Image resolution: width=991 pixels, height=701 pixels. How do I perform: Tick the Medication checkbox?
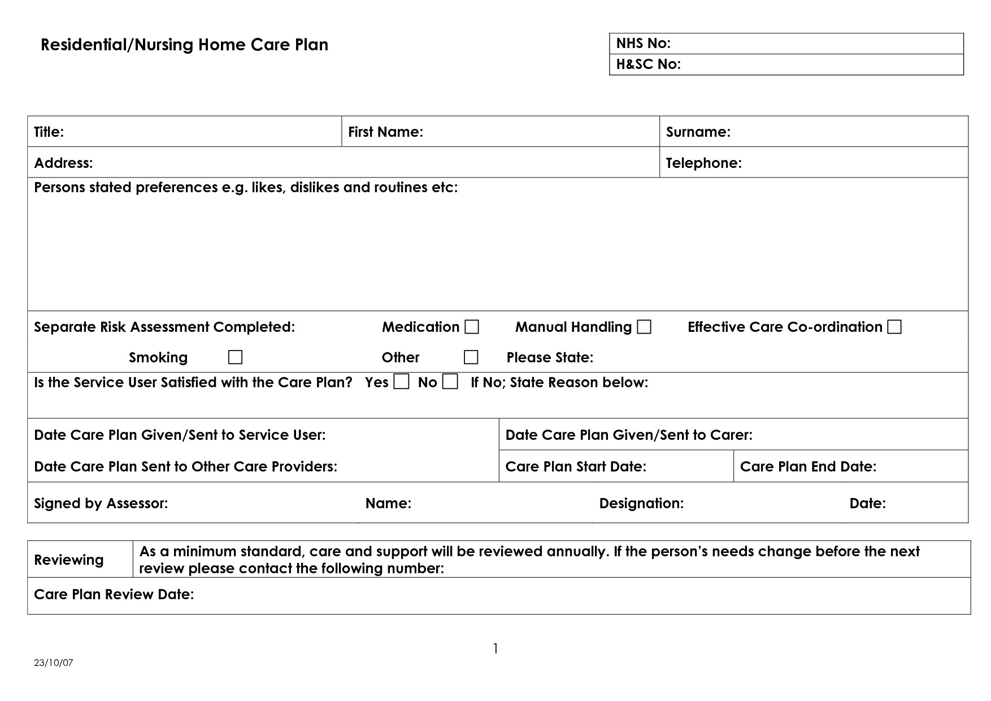click(472, 327)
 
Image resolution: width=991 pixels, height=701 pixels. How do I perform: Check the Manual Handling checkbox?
click(644, 327)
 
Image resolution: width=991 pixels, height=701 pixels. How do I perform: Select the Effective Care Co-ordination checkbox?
click(894, 327)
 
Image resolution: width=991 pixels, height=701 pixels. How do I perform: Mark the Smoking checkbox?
click(235, 357)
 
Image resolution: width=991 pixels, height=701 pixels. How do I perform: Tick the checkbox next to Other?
click(471, 357)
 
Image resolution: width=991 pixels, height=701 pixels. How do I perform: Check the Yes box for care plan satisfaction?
click(401, 382)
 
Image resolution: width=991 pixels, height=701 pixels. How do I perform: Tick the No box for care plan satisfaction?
click(450, 382)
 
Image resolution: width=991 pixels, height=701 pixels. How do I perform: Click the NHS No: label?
click(643, 44)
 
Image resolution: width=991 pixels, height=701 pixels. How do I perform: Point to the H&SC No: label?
click(648, 64)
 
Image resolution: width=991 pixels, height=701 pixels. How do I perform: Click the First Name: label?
click(385, 132)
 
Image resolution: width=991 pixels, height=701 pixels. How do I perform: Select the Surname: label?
click(698, 132)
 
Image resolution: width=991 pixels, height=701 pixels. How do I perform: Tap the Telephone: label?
click(703, 163)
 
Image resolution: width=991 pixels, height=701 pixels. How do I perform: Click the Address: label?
click(63, 163)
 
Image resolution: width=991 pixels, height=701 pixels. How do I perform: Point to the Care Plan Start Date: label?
click(575, 466)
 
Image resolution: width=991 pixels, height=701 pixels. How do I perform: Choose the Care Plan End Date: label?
click(808, 466)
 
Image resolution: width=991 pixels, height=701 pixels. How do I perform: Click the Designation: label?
click(641, 503)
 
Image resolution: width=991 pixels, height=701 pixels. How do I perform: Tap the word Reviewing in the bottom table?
click(69, 560)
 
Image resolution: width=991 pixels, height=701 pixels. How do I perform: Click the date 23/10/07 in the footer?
click(54, 663)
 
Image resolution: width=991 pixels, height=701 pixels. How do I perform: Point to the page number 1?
click(495, 648)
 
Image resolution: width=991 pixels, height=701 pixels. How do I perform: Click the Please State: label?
click(550, 357)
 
